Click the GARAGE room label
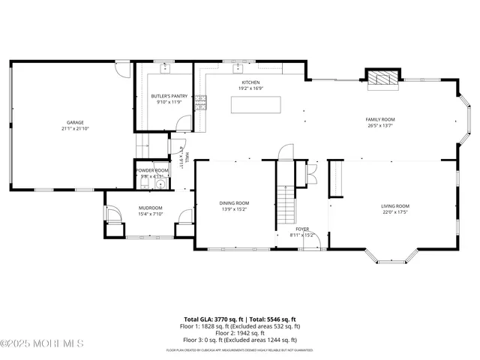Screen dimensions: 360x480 (x=74, y=122)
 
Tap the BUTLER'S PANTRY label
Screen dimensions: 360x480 (x=169, y=96)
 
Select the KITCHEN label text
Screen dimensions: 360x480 (x=250, y=82)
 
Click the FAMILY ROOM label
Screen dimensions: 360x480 (x=379, y=119)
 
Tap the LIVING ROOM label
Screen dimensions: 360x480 (x=394, y=205)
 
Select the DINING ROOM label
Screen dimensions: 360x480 (x=234, y=202)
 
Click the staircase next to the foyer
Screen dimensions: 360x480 (x=286, y=205)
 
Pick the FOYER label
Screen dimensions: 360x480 (x=301, y=229)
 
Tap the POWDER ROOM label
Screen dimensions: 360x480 (x=152, y=170)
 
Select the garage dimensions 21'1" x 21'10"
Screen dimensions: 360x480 (x=74, y=128)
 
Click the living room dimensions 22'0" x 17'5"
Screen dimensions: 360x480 (x=394, y=211)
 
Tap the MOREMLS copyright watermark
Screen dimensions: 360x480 (x=42, y=344)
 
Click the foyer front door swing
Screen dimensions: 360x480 (x=316, y=241)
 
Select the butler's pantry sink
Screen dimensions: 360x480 (x=166, y=68)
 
